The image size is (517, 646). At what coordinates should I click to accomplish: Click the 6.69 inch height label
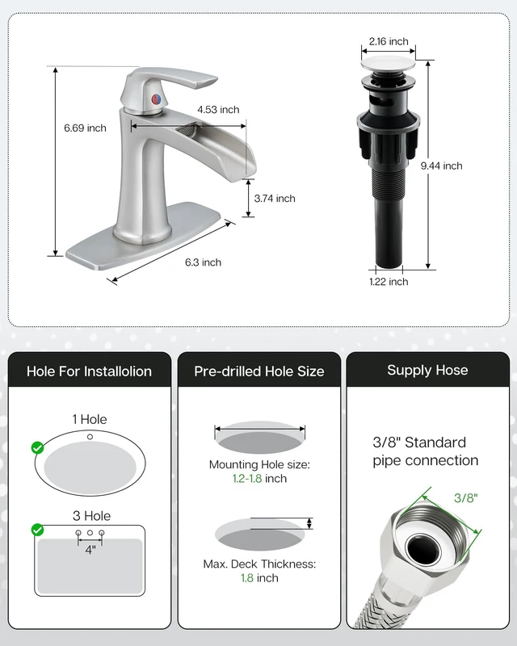click(x=85, y=128)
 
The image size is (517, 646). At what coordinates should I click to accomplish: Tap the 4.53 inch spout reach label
click(x=218, y=110)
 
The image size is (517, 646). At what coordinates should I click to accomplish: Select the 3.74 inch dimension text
click(x=275, y=199)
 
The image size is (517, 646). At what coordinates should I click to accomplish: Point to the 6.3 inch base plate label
click(x=203, y=262)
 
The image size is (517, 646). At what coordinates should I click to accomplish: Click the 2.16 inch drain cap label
click(x=389, y=42)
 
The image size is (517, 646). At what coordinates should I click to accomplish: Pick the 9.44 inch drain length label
click(x=442, y=166)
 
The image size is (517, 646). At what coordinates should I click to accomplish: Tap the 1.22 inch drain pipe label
click(x=389, y=282)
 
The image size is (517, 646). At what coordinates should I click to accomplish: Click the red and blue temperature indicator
click(x=156, y=99)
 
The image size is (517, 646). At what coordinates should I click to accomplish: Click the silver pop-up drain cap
click(x=388, y=64)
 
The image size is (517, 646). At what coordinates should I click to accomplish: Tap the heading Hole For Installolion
click(x=89, y=371)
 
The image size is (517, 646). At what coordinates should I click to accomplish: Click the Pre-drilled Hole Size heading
click(x=259, y=371)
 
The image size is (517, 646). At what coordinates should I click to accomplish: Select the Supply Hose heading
click(x=427, y=370)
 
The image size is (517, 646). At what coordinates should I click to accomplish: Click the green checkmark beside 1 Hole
click(x=37, y=448)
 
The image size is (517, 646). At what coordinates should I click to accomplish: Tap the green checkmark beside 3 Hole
click(x=37, y=530)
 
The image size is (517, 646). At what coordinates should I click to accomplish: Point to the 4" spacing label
click(x=90, y=550)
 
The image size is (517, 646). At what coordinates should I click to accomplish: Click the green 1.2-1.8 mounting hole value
click(x=247, y=479)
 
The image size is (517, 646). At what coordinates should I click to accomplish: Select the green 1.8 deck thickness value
click(x=247, y=578)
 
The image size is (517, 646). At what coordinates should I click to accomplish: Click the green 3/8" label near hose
click(x=466, y=498)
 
